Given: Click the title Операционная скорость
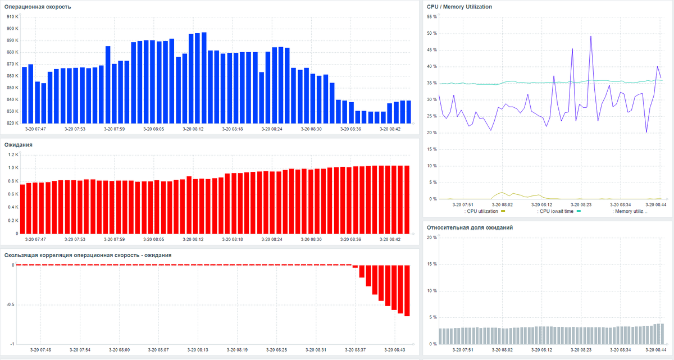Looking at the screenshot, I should click(38, 7).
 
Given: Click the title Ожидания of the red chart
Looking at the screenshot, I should click(19, 144).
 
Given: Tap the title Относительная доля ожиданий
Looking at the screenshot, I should click(470, 227).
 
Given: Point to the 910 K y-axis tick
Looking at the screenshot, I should click(12, 16).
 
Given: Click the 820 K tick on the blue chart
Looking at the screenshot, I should click(12, 123).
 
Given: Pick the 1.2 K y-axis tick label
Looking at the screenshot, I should click(13, 154).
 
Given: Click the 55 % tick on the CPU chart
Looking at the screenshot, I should click(432, 17).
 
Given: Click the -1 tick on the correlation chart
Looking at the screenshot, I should click(12, 344).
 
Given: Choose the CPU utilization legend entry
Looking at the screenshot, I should click(484, 211).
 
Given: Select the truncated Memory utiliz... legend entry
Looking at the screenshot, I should click(630, 211).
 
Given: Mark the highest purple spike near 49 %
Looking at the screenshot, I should click(591, 37).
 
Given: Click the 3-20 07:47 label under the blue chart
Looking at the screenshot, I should click(36, 129).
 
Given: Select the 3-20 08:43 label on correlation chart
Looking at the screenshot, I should click(396, 349).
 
